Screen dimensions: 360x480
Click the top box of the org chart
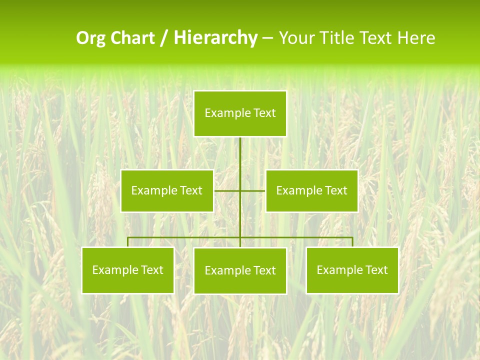coord(240,113)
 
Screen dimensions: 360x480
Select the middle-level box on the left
coord(167,190)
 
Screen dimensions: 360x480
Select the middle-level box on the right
coord(311,190)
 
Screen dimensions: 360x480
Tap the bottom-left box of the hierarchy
coord(128,270)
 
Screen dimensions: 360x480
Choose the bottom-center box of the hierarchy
coord(240,270)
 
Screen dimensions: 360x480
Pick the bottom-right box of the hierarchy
coord(352,270)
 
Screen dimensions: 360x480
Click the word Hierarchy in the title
coord(215,38)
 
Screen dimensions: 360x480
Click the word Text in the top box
coord(264,113)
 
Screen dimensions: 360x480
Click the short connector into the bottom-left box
coord(128,242)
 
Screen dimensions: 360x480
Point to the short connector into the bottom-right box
coord(352,242)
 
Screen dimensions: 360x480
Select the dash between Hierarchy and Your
coord(268,38)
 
